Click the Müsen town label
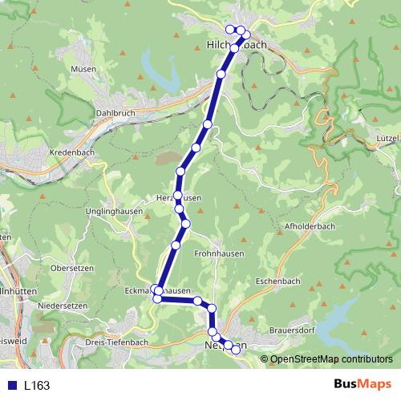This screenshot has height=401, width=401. [83, 69]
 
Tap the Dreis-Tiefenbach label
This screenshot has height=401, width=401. [116, 342]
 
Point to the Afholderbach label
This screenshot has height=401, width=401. [310, 227]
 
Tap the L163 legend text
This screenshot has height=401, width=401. [37, 386]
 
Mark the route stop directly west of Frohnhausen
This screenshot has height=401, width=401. [176, 245]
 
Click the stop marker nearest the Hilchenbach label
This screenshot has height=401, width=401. [234, 49]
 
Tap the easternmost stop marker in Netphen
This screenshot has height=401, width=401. [236, 349]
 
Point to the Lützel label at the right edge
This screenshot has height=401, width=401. [387, 138]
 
